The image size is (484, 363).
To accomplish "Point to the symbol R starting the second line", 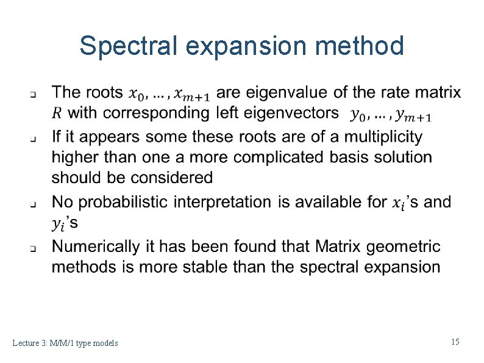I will coord(57,113).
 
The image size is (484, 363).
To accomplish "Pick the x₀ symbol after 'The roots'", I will coord(137,94).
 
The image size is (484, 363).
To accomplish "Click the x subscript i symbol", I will coord(397,203).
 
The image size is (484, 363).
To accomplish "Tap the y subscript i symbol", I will coord(59,225).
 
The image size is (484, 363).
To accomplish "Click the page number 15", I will coord(455,342).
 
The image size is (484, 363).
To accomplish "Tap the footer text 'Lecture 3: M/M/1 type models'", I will coord(65,343).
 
